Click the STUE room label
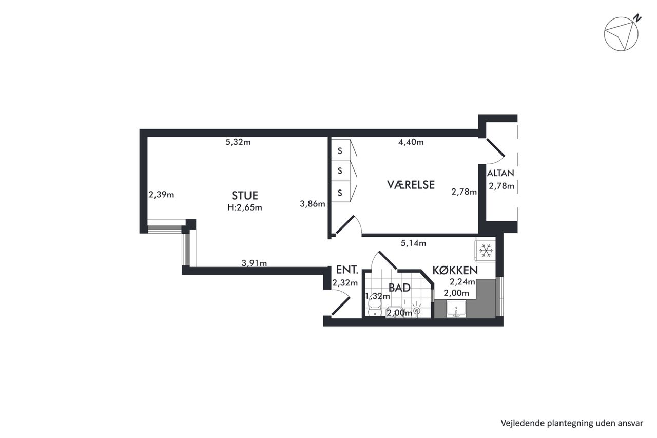[245, 196]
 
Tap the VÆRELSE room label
[411, 185]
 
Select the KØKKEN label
[455, 270]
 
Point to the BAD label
[399, 288]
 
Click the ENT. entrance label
[347, 270]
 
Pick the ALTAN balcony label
[500, 173]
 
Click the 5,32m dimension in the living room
[238, 142]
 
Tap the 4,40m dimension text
[411, 142]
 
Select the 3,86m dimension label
[313, 204]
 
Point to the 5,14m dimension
[413, 243]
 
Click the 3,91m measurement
[254, 263]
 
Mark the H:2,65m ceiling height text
[245, 208]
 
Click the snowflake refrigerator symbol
[486, 251]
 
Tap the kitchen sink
[456, 309]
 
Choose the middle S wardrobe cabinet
[341, 170]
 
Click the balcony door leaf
[496, 147]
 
